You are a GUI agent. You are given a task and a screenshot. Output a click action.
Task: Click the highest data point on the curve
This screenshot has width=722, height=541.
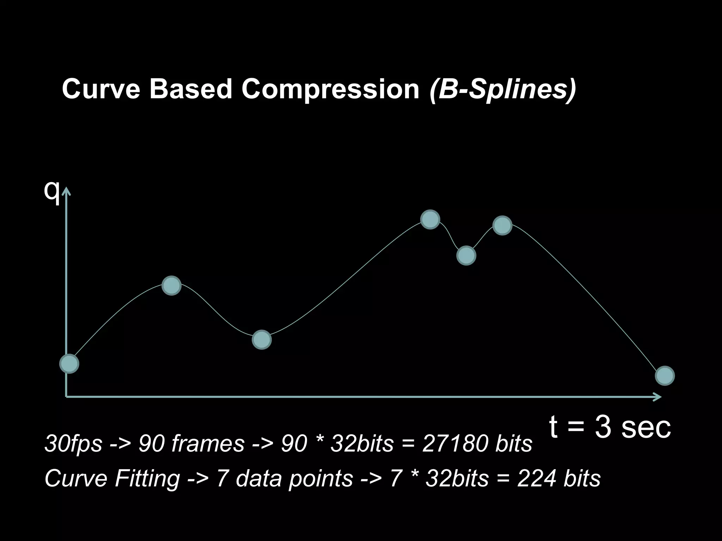pos(430,219)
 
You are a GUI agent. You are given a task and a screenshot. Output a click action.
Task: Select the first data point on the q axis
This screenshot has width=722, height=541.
pos(69,363)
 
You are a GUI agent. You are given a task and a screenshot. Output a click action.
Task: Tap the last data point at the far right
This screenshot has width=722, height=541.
pos(665,376)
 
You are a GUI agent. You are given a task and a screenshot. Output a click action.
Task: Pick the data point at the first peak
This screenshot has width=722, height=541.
pos(171,285)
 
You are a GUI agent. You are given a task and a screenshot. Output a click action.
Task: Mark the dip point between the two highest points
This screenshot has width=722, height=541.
pos(466,255)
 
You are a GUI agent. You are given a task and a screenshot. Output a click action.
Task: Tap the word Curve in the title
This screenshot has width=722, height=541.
pos(101,89)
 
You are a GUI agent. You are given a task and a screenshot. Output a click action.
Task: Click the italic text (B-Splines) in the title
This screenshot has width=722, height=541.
pos(503,89)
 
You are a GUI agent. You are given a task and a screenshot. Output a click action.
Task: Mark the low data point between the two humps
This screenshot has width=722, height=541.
pos(262,340)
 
